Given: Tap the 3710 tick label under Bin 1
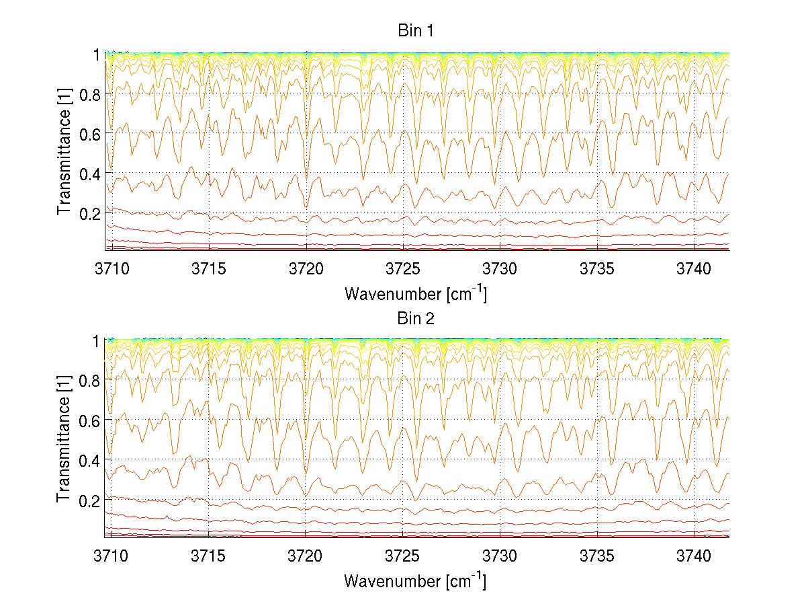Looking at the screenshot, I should click(111, 268).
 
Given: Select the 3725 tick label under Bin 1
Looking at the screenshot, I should click(403, 268).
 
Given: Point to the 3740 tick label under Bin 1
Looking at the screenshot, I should click(695, 268).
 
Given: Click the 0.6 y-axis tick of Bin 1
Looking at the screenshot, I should click(90, 134).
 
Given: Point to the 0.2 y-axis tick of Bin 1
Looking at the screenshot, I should click(90, 213).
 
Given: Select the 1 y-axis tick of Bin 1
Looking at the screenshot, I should click(97, 54).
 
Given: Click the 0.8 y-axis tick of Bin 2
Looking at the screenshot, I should click(90, 381).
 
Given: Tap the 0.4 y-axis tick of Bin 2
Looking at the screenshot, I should click(90, 460).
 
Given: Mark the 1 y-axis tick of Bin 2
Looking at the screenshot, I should click(97, 341).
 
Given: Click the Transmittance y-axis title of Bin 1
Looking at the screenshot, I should click(64, 153).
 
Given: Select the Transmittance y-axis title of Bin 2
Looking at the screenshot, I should click(64, 439).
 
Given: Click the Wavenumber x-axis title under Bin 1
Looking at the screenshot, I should click(415, 293).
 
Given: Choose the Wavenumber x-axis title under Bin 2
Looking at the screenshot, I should click(415, 580).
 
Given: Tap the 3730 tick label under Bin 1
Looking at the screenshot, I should click(500, 268).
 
